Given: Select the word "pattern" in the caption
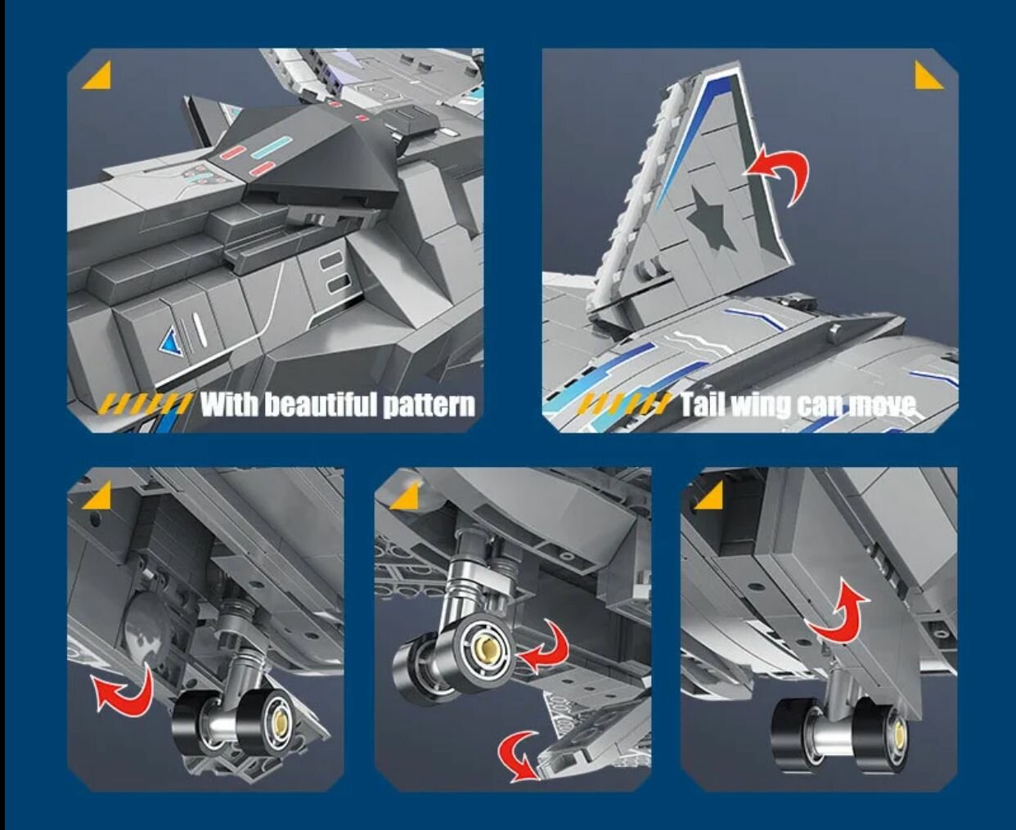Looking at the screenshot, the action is click(x=429, y=406).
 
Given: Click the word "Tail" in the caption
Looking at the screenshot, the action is click(x=703, y=404).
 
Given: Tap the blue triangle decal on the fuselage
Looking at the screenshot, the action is click(x=172, y=341).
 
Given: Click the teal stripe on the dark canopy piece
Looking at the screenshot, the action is click(x=272, y=146).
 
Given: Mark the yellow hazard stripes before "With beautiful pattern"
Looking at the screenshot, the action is click(x=146, y=404).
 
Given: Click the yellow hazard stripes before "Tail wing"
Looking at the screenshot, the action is click(x=624, y=404).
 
